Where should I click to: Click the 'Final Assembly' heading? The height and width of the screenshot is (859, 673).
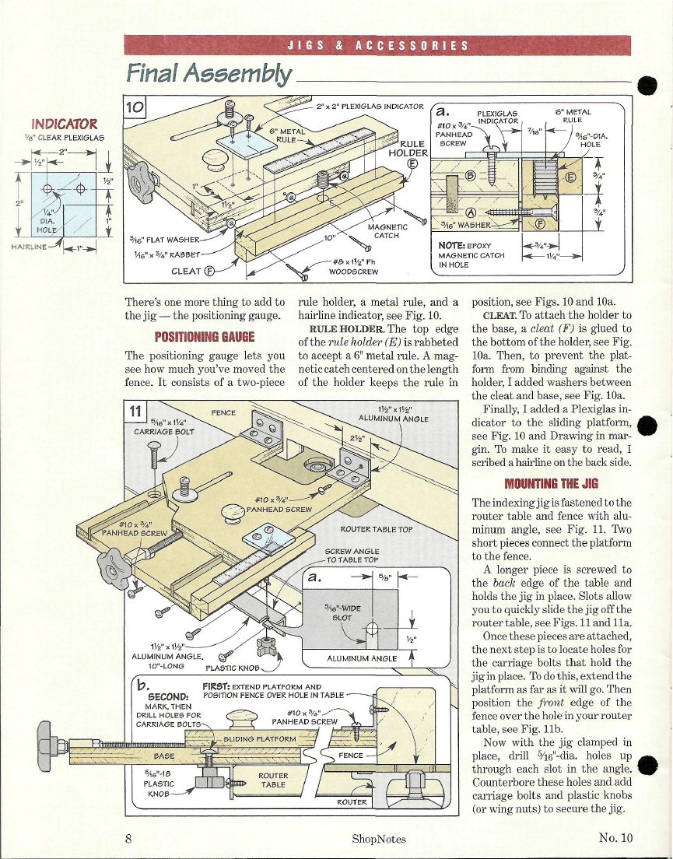[209, 73]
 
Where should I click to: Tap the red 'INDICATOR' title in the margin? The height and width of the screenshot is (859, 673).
[65, 124]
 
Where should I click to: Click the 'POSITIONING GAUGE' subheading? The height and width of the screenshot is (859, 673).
[205, 336]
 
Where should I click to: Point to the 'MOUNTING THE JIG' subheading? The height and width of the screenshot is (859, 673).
[552, 483]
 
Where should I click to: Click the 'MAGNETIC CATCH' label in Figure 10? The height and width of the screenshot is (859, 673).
[387, 231]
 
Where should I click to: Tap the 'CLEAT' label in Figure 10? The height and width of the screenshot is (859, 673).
[193, 271]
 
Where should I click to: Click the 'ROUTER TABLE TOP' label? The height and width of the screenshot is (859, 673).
[377, 529]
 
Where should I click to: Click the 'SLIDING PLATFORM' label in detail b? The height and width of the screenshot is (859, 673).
[260, 738]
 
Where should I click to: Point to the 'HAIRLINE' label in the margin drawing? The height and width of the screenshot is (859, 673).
[29, 247]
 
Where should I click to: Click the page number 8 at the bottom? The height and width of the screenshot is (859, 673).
[128, 838]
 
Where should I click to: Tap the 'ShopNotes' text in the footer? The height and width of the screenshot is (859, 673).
[379, 839]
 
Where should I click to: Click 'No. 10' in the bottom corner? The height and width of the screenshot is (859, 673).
[615, 838]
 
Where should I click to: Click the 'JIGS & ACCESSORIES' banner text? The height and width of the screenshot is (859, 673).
[378, 45]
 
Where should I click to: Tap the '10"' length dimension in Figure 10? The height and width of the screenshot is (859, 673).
[329, 238]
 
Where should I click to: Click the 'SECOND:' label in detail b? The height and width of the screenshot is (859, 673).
[169, 697]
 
